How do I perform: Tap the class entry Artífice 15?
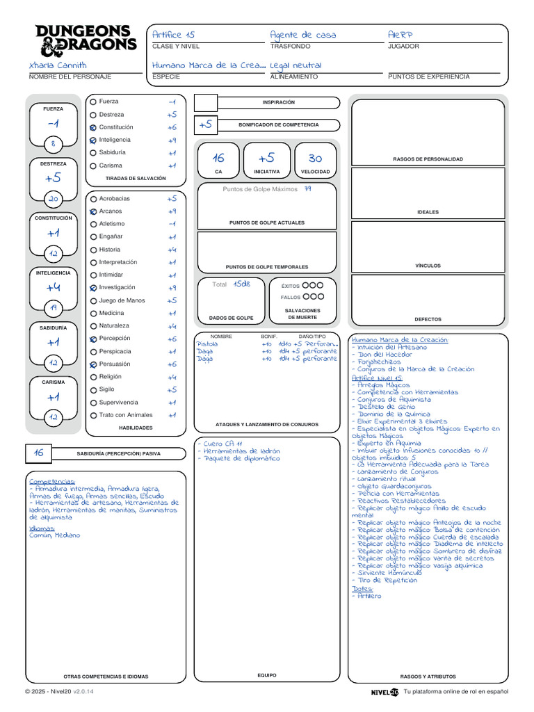click(x=173, y=35)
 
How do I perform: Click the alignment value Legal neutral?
click(x=296, y=65)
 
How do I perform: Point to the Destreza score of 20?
click(x=54, y=199)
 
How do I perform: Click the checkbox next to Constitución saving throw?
click(x=93, y=128)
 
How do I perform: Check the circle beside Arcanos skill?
click(x=93, y=211)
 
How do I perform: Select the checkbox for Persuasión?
click(x=93, y=364)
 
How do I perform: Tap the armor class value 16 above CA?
click(x=218, y=159)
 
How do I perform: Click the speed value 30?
click(x=315, y=159)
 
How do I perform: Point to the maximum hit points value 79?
click(x=307, y=189)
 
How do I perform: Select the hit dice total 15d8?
click(x=241, y=284)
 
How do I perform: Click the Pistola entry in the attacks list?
click(x=207, y=343)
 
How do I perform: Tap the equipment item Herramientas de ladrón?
click(x=241, y=451)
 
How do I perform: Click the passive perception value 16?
click(x=38, y=453)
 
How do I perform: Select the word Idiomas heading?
click(x=41, y=528)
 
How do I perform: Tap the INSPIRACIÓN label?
click(x=278, y=102)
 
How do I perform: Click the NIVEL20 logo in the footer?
click(x=385, y=692)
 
